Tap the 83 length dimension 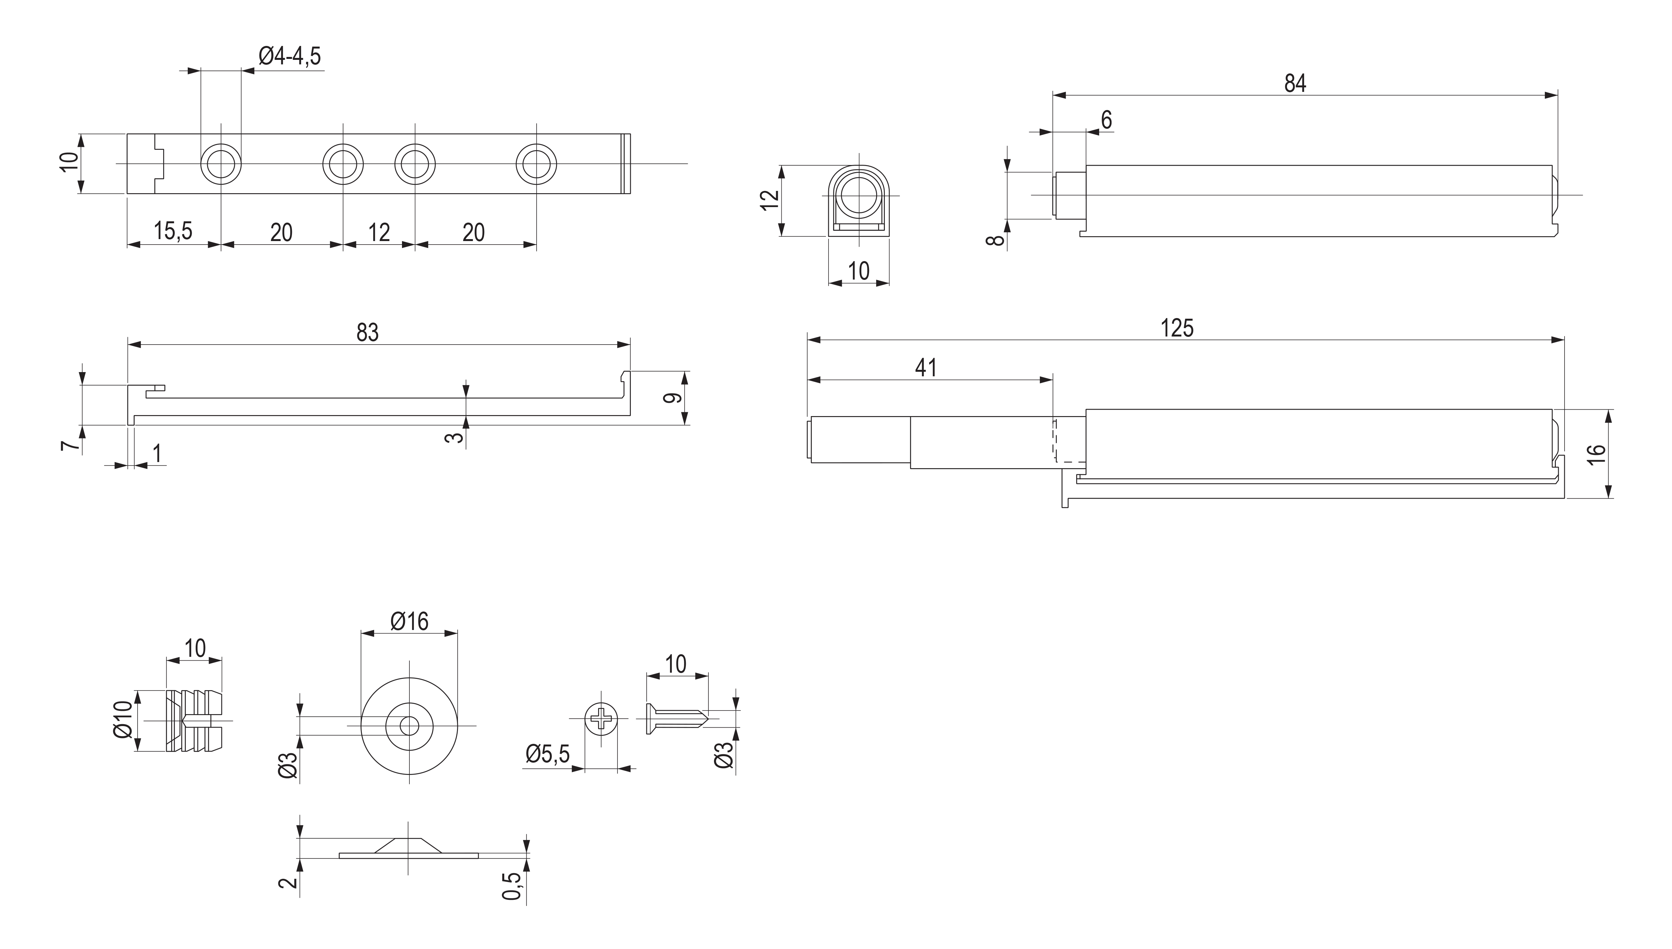(x=367, y=332)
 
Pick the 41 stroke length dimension (x=926, y=368)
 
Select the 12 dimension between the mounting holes (x=379, y=232)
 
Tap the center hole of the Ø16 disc (x=409, y=725)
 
